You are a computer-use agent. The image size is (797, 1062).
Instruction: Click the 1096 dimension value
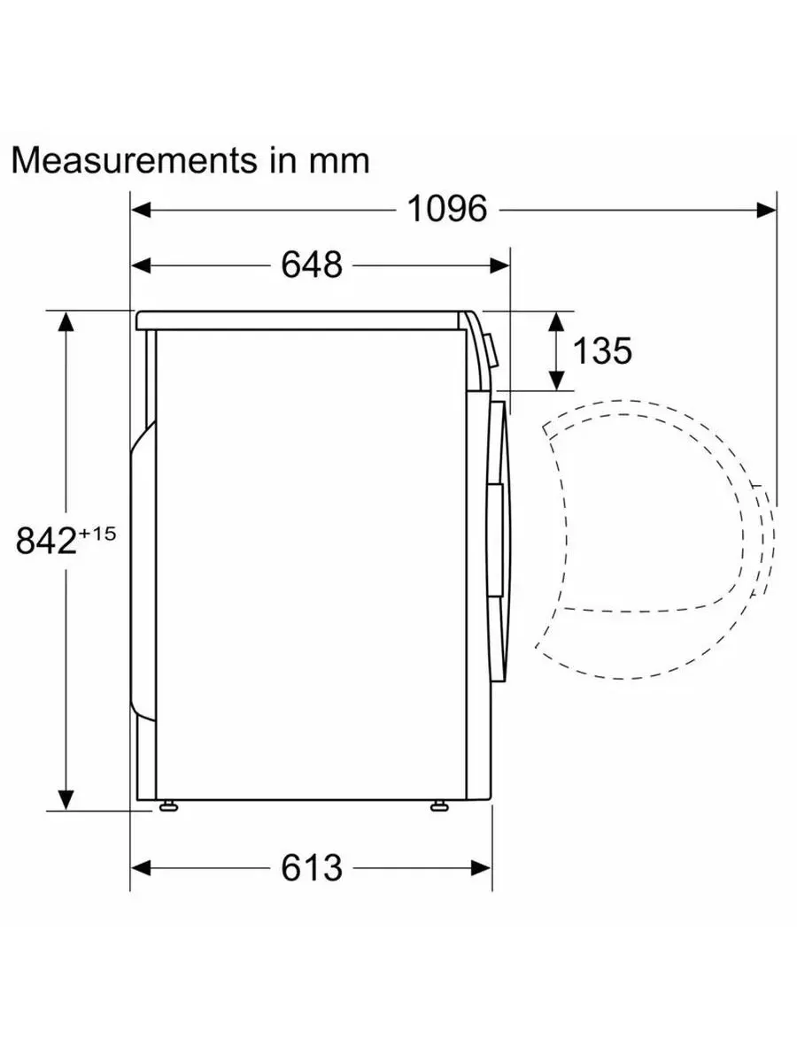coord(447,209)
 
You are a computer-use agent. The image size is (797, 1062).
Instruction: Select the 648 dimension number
coord(312,265)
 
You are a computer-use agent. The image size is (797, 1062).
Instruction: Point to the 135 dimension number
coord(602,350)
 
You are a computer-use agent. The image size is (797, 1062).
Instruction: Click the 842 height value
coord(46,541)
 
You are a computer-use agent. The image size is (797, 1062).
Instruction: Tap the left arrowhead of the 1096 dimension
coord(141,210)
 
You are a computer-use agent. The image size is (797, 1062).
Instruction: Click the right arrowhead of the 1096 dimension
coord(767,210)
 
